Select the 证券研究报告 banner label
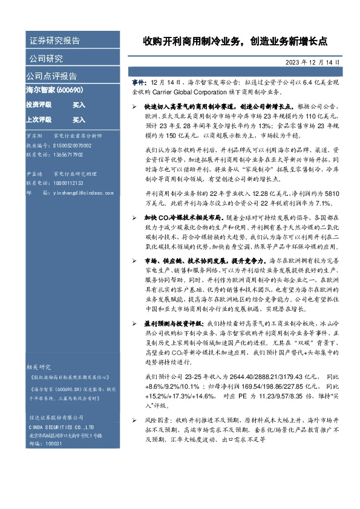54,41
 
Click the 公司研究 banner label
46,59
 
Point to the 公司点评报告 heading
51,76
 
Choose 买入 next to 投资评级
79,105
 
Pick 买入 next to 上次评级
79,120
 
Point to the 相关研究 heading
40,366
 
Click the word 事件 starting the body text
139,81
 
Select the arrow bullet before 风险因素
135,418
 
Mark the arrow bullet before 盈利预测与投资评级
135,324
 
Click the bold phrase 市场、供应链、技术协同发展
179,276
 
